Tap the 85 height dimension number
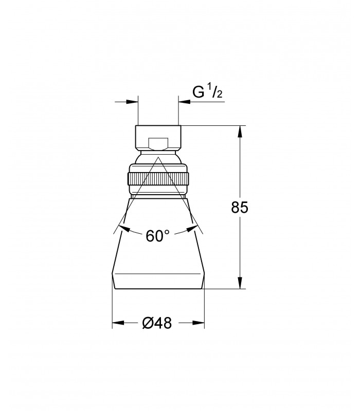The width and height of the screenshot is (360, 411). pos(240,208)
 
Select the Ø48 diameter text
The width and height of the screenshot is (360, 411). pos(157,323)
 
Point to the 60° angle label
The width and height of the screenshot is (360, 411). pos(158,236)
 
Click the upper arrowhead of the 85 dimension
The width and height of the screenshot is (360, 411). pos(240,132)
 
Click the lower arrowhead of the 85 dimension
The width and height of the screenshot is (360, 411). pos(240,283)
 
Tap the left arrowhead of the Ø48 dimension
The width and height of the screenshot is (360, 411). pos(118,323)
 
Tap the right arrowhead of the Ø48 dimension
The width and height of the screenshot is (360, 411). pos(199,323)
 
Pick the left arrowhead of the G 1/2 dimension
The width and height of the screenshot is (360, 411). pos(132,102)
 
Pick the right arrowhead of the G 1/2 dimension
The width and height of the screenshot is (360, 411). pos(185,102)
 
